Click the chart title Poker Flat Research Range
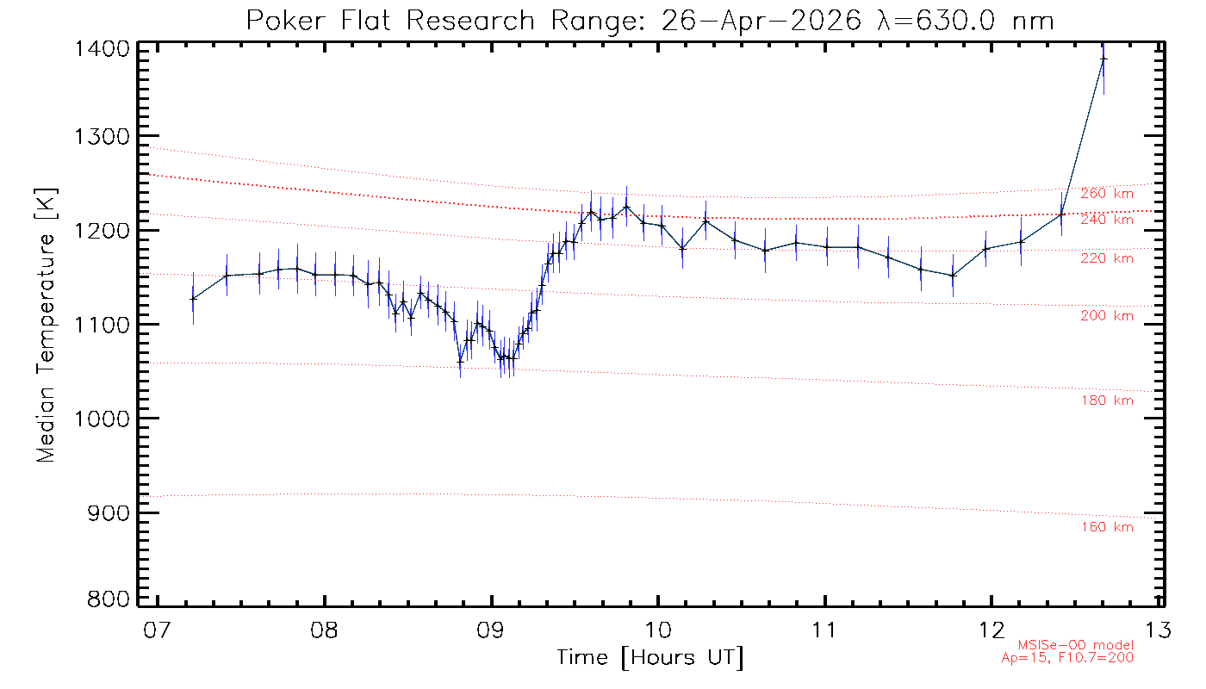tap(390, 22)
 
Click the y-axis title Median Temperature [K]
tap(46, 326)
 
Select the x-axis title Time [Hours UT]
tap(650, 658)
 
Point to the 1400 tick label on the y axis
tap(102, 49)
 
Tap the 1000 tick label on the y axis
tap(102, 419)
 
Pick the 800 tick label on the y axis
tap(109, 599)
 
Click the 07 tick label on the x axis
tap(157, 630)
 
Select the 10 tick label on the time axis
tap(658, 630)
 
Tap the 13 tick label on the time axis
tap(1158, 630)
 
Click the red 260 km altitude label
tap(1107, 194)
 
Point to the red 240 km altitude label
tap(1107, 220)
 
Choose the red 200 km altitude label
tap(1107, 316)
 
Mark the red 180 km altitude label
tap(1107, 400)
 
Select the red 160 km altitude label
tap(1107, 527)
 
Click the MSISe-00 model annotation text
tap(1076, 645)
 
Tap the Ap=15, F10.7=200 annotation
tap(1067, 658)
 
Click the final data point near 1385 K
tap(1103, 59)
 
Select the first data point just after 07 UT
tap(193, 299)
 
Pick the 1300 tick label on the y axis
tap(102, 137)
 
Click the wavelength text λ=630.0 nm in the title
tap(965, 22)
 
